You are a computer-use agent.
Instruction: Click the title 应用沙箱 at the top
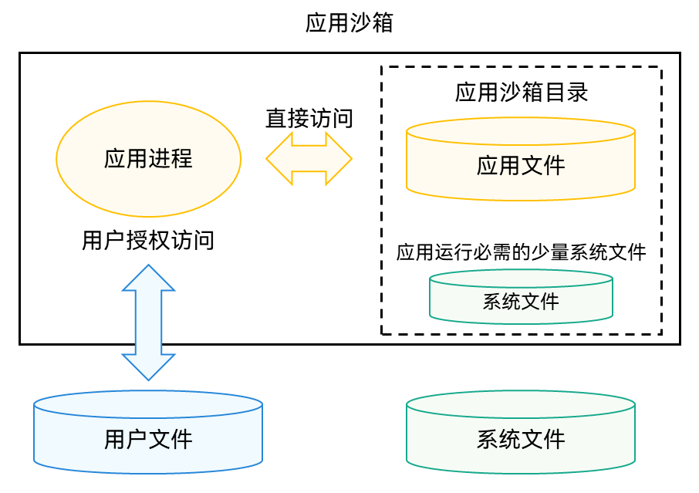pos(349,23)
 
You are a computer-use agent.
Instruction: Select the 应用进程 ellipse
pos(148,159)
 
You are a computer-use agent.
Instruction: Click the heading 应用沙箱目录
pos(522,93)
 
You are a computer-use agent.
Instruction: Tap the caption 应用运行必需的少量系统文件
pos(521,252)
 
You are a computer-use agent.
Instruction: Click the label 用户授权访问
pos(148,241)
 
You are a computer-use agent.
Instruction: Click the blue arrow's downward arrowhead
pos(148,368)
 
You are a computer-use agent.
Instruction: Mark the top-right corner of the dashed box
pos(661,67)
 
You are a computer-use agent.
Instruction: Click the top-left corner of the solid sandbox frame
pos(20,54)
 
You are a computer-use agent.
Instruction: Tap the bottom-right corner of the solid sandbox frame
pos(680,343)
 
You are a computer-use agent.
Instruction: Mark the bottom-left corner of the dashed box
pos(382,334)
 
